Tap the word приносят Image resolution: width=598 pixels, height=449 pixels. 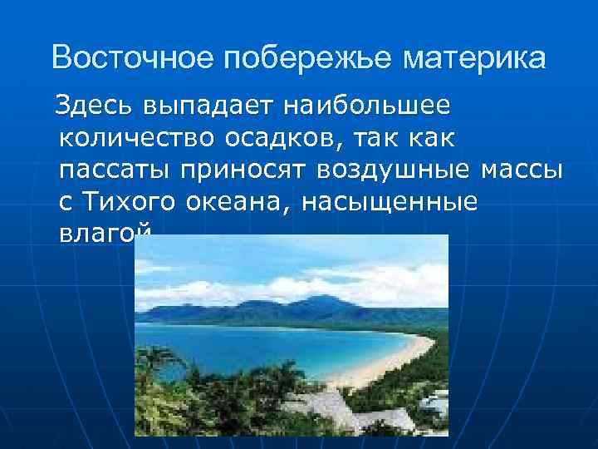241,170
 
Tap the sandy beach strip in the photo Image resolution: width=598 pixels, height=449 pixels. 390,365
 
